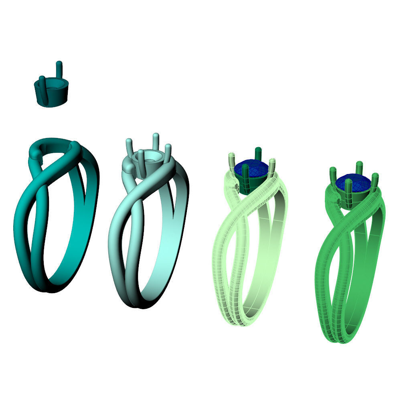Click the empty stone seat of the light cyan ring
(150, 159)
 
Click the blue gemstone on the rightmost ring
(352, 182)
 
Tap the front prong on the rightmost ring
(348, 190)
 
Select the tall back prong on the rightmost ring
(359, 168)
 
